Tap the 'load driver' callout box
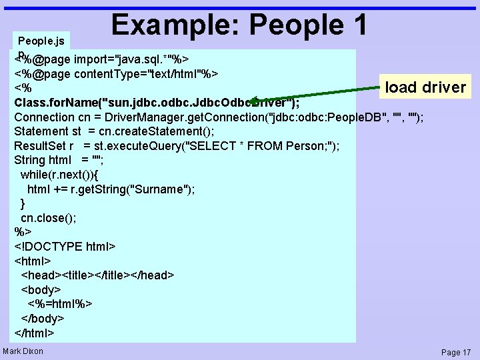[x=425, y=87]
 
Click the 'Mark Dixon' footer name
[x=23, y=351]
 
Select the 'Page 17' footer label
[x=456, y=352]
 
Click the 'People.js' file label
[x=41, y=41]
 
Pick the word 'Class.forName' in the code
[x=55, y=103]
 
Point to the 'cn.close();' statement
[x=49, y=218]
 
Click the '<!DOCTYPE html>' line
[x=65, y=246]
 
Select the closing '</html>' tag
[x=34, y=333]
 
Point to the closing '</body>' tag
[x=43, y=318]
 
